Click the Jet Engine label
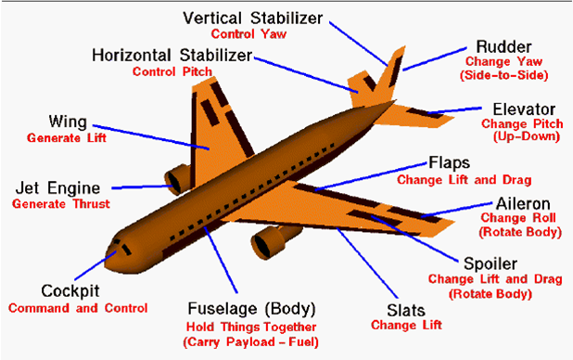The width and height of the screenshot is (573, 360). pos(59,188)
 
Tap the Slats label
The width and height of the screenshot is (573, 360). pos(404,309)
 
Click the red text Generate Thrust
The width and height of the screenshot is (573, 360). pos(60,204)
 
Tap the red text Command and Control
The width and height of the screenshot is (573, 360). pos(77,307)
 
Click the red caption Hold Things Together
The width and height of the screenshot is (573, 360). pos(250,328)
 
